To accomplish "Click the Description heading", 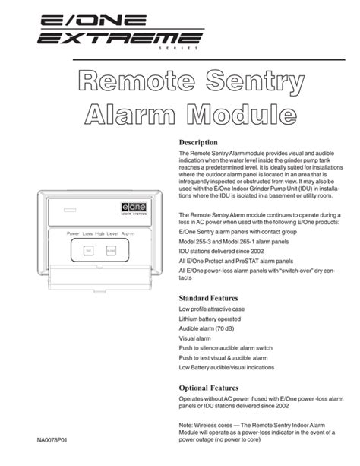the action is (198, 142).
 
